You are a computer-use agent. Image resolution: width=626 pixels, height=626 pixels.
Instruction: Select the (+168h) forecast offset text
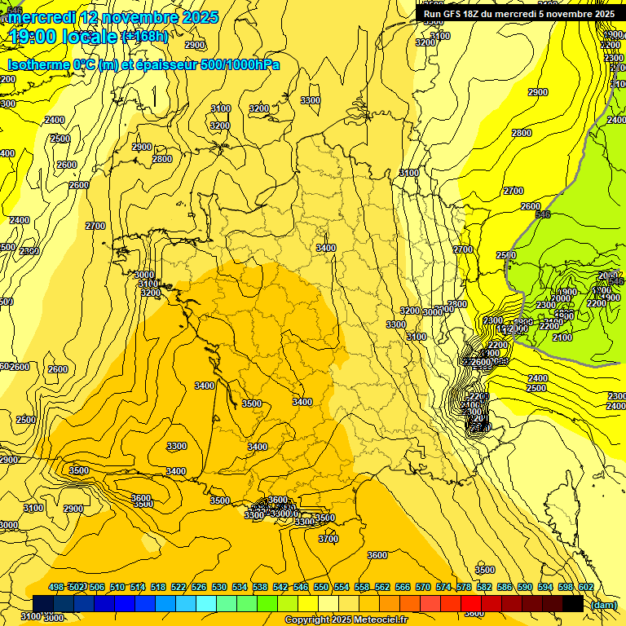tap(145, 37)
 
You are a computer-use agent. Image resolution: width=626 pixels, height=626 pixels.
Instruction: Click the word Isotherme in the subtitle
tap(38, 64)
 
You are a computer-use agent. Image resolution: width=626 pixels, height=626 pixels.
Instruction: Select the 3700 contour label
tap(328, 539)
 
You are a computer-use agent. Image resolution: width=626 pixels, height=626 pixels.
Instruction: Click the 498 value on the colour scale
tap(56, 588)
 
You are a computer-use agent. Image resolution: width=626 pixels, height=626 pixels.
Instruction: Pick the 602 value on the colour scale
tap(586, 588)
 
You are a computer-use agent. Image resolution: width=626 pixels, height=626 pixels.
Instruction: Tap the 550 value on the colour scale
tap(321, 588)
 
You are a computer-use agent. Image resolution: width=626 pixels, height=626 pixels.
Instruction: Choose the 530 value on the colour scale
tap(219, 588)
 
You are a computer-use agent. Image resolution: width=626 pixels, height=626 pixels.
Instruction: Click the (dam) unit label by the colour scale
tap(603, 604)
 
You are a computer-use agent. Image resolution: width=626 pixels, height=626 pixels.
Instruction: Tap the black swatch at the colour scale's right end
tap(572, 603)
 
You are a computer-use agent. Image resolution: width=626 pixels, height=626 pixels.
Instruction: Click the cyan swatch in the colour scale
tap(205, 603)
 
